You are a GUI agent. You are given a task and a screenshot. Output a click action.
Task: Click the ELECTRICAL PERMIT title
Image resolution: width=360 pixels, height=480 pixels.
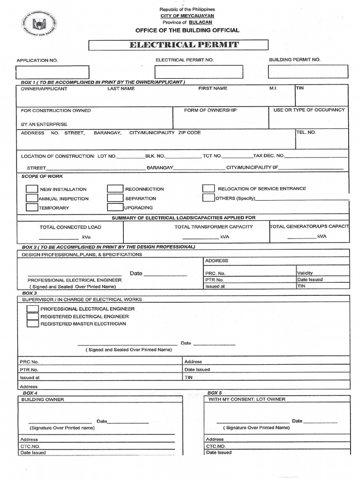pos(179,45)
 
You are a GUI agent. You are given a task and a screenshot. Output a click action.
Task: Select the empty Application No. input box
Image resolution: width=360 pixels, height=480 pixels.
pos(52,72)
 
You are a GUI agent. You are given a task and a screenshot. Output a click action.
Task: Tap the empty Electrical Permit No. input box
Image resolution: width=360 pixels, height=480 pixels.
pos(199,72)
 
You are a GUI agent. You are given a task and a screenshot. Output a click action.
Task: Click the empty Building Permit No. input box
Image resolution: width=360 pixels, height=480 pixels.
pos(308,71)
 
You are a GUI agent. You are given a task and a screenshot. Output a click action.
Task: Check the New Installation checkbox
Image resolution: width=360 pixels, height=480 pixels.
pos(32,189)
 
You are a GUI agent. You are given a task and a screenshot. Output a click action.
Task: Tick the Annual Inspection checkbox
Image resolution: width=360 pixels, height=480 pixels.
pos(32,198)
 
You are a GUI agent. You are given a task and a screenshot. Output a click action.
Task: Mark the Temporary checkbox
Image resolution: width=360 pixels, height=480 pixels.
pos(32,207)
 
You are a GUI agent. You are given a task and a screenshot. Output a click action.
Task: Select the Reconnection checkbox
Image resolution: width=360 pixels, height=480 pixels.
pos(115,188)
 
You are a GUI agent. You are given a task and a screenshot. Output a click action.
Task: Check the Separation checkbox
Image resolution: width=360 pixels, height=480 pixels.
pos(115,198)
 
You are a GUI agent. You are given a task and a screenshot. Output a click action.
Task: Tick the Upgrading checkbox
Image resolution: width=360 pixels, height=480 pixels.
pos(115,207)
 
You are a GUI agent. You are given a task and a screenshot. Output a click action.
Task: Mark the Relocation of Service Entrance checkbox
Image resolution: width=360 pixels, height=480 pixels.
pos(209,188)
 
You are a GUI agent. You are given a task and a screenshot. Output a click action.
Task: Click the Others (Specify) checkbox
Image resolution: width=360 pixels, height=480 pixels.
pos(209,197)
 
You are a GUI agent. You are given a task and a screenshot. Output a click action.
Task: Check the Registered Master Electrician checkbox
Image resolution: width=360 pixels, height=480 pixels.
pos(33,323)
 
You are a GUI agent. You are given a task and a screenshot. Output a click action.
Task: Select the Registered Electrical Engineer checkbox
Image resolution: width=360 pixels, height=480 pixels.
pos(33,316)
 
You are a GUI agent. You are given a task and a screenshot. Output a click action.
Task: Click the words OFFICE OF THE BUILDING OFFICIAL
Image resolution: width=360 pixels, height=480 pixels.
pos(187,30)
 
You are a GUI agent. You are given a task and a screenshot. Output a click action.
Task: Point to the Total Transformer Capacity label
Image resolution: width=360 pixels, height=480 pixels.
pos(213,227)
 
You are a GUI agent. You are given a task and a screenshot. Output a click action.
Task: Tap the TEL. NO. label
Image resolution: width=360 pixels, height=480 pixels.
pos(306,132)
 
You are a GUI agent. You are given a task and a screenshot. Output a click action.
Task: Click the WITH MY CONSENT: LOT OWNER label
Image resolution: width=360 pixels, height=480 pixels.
pos(247,399)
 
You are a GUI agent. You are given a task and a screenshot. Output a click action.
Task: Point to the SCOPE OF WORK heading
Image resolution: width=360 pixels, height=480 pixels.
pos(42,176)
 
